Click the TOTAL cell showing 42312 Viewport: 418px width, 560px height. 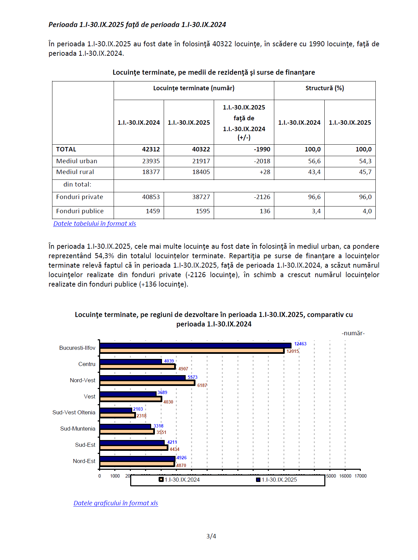(x=151, y=149)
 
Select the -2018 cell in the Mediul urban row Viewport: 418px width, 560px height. (x=262, y=161)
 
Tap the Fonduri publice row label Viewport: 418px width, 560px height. (x=80, y=211)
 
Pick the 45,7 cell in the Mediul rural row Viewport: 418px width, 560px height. (x=365, y=172)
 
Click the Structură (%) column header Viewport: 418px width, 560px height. (x=325, y=88)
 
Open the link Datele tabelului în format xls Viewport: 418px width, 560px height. (x=95, y=224)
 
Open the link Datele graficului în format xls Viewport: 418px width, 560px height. (x=116, y=503)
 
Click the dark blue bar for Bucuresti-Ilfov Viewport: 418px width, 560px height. (x=195, y=345)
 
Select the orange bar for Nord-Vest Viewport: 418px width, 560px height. (x=147, y=383)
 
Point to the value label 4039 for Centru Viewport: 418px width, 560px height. (x=169, y=361)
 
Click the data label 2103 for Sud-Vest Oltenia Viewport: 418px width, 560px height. (x=138, y=409)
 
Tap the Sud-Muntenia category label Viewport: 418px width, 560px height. (x=78, y=429)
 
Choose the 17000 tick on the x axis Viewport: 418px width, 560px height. (x=361, y=476)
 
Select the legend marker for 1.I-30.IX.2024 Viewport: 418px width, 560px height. (x=161, y=480)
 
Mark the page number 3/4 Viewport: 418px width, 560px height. (x=211, y=536)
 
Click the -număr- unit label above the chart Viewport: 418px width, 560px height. (x=353, y=333)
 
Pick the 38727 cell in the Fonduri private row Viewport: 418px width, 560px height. (x=201, y=197)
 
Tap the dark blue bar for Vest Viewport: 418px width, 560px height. (x=128, y=394)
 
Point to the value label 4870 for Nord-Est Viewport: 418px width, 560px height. (x=181, y=466)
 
